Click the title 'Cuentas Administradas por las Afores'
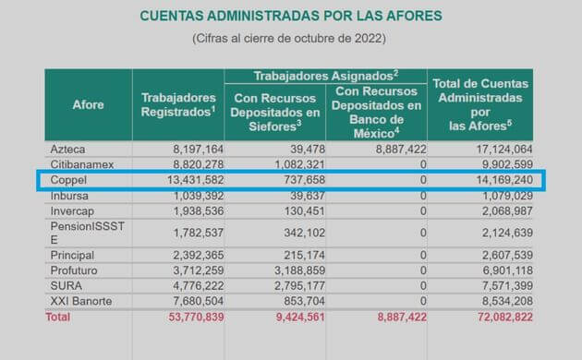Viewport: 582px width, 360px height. [290, 16]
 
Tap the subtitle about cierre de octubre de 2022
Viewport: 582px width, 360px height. [289, 39]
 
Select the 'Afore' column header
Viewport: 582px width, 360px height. [88, 104]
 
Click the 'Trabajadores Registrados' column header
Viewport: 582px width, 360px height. [178, 104]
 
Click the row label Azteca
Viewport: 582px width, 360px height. [69, 148]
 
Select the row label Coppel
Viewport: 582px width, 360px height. [70, 179]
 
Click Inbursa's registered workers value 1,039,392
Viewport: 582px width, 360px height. [192, 195]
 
